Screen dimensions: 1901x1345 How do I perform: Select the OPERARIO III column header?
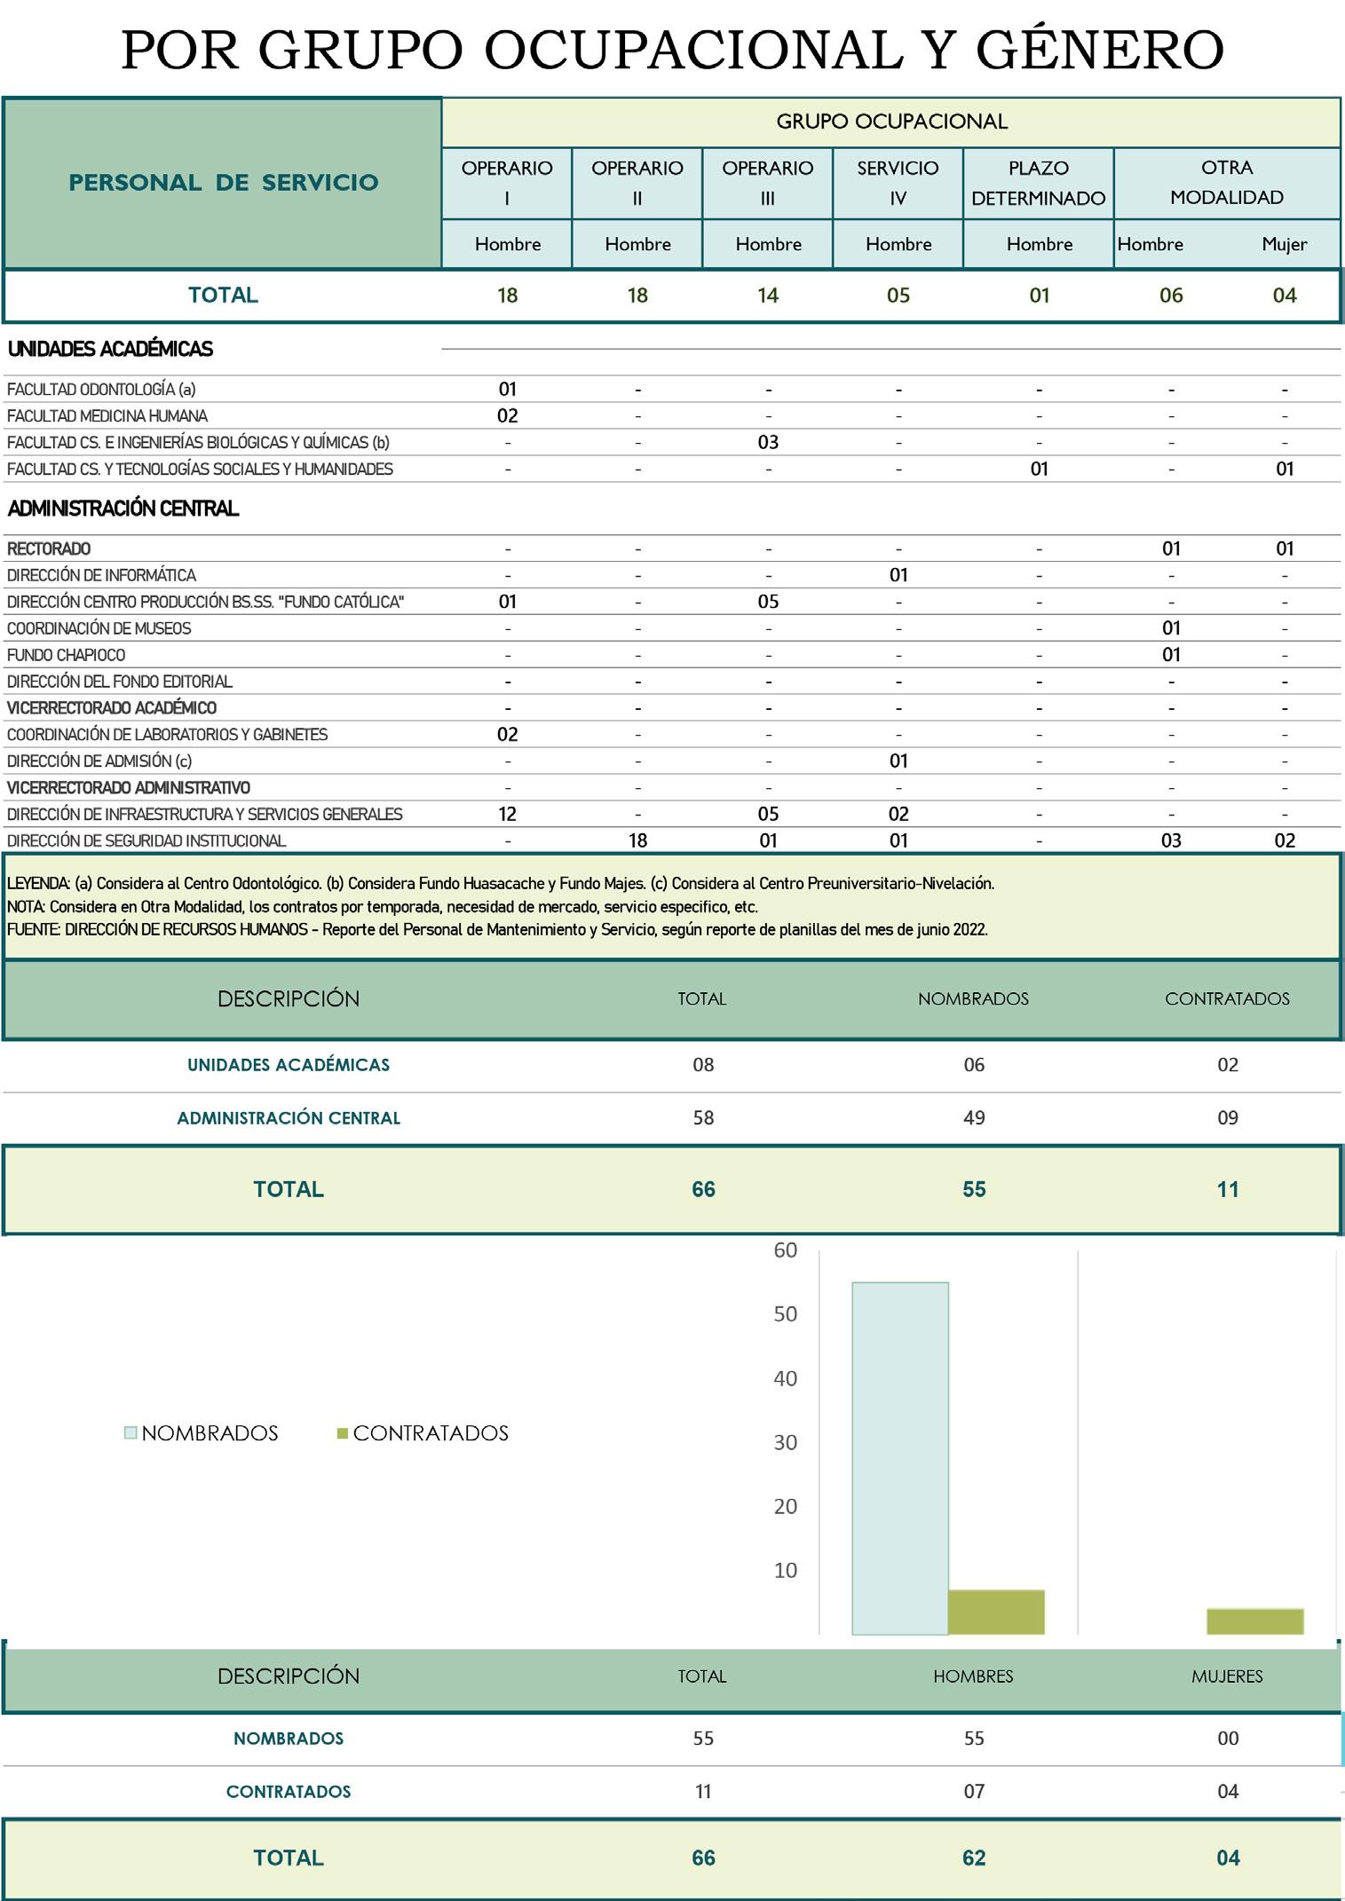coord(767,182)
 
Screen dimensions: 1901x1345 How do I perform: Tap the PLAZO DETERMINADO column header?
coord(1038,182)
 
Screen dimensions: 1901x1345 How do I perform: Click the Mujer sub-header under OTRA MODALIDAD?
coord(1284,244)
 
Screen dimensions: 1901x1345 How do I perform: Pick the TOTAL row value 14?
coord(767,296)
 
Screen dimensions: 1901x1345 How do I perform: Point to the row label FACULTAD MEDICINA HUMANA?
coord(107,416)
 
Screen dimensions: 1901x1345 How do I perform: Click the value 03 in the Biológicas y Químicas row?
coord(767,443)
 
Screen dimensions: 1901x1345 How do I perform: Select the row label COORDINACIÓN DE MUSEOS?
coord(99,628)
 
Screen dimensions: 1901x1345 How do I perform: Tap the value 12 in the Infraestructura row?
coord(507,814)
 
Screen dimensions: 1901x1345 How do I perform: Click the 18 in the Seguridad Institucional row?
coord(637,840)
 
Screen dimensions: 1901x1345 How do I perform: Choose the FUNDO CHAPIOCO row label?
coord(67,655)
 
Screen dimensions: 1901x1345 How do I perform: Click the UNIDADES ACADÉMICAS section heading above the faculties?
coord(110,349)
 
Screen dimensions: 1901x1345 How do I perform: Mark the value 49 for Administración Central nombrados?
coord(974,1118)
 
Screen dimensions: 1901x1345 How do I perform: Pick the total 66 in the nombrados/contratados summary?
coord(703,1189)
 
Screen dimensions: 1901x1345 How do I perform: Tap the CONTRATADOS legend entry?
coord(430,1433)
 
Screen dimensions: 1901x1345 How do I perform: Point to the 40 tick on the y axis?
coord(786,1378)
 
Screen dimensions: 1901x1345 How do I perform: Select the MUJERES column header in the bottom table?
coord(1227,1676)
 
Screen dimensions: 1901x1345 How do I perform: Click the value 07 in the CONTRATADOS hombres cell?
coord(974,1792)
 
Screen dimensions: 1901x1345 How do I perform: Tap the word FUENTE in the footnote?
coord(33,930)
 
